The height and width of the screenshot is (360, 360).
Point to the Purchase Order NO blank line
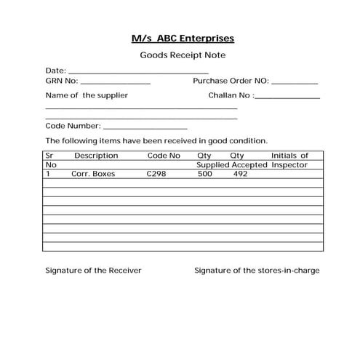click(295, 83)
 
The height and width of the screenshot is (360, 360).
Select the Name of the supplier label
click(87, 95)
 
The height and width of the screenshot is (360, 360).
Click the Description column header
click(95, 156)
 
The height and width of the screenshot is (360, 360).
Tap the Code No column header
click(163, 156)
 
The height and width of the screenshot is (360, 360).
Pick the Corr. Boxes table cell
click(93, 175)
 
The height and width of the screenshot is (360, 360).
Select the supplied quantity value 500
click(205, 175)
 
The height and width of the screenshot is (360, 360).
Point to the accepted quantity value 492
click(241, 175)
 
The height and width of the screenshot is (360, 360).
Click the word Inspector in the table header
click(289, 165)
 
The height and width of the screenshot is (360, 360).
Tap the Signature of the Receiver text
click(93, 271)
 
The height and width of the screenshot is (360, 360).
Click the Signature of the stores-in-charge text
click(257, 271)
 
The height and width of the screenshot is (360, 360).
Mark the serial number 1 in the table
click(48, 175)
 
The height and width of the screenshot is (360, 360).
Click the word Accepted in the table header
click(249, 165)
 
